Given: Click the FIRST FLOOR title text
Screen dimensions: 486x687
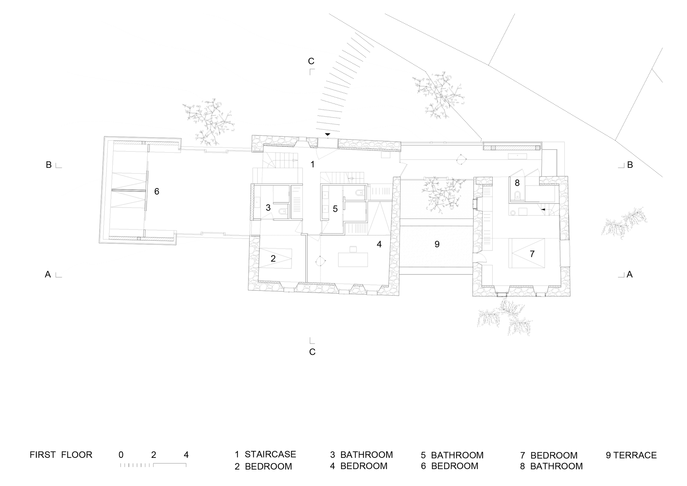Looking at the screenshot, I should coord(61,455).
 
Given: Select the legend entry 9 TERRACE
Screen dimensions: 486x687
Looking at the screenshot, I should coord(631,455).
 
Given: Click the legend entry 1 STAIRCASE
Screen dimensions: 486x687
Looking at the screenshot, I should coord(265,454).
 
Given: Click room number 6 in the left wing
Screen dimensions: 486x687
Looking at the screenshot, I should coord(157,191).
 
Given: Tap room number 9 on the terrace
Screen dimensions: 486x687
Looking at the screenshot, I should coord(437,244).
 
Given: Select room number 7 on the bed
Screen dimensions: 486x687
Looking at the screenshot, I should coord(532,254).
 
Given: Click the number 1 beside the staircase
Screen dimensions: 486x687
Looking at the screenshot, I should coord(312,165).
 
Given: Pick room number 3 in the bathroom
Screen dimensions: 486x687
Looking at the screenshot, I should coord(268,208).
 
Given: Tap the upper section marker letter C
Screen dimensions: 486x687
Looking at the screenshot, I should coord(311,61).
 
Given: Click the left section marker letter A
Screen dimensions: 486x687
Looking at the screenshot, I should coord(48,274).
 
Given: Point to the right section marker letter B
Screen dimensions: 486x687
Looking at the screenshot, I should coord(630,165).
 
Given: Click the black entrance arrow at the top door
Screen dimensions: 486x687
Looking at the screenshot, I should coord(328,134).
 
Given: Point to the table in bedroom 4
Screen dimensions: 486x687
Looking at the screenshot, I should coord(353,259).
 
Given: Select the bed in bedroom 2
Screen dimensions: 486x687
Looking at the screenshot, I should coord(275,258).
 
